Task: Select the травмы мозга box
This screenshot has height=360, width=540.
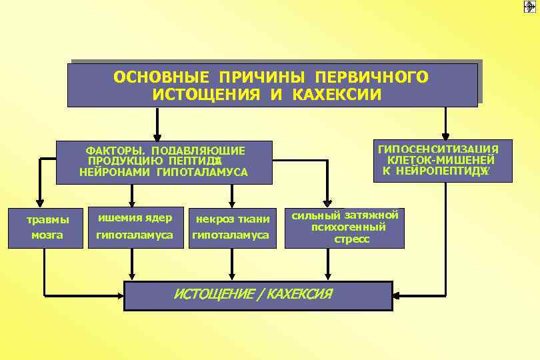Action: pos(47,227)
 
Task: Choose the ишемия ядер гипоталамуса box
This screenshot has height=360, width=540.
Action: pos(135,227)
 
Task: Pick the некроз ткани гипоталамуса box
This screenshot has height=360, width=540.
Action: pos(232,227)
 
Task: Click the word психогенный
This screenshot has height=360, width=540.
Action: pos(348,227)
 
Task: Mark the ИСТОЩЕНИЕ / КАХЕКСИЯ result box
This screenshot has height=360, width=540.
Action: pos(258,295)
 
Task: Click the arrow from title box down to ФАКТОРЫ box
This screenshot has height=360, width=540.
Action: pos(157,124)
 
